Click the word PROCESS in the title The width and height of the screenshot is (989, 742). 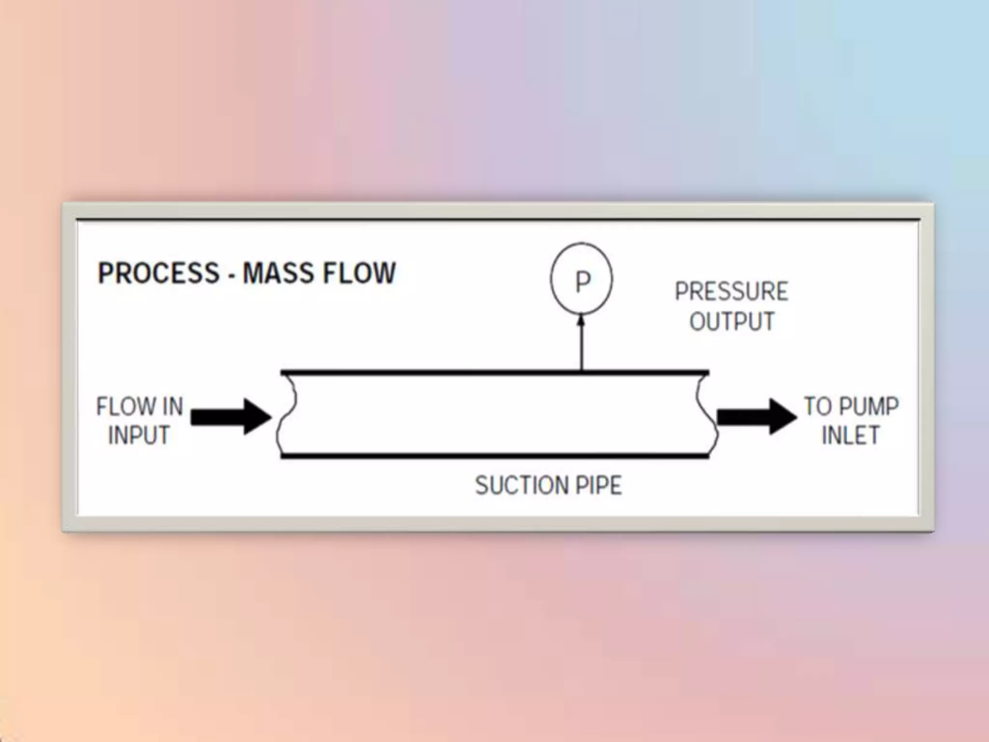click(x=158, y=273)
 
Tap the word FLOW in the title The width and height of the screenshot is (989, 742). click(x=359, y=273)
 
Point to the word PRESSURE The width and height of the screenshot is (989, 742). click(x=731, y=291)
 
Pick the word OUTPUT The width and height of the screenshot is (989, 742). click(x=732, y=322)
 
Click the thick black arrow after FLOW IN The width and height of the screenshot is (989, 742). click(x=231, y=416)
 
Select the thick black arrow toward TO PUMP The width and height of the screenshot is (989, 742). click(x=756, y=416)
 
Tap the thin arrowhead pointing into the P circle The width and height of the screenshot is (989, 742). click(x=581, y=320)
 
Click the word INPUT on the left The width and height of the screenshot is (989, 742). click(x=139, y=435)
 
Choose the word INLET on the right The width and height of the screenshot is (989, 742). click(x=850, y=435)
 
